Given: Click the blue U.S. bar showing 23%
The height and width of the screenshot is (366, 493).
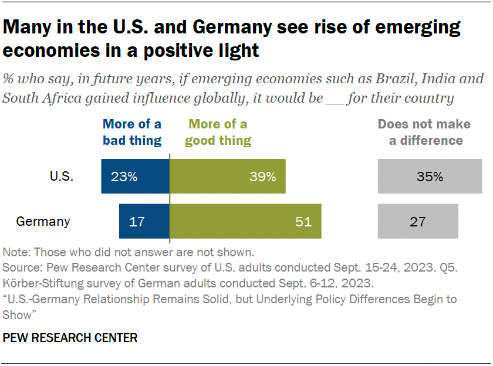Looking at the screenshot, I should (x=135, y=176).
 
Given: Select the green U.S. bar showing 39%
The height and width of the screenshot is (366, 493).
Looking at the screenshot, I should (x=228, y=176).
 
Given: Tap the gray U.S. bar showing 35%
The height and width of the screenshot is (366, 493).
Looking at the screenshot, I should (x=430, y=176).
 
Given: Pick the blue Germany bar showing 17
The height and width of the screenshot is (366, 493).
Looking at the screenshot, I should (x=144, y=222).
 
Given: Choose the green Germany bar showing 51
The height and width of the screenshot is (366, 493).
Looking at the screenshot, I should (x=245, y=222).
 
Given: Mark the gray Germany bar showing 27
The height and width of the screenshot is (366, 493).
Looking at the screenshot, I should (x=418, y=222).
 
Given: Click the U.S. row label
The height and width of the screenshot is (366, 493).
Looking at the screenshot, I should (x=62, y=177).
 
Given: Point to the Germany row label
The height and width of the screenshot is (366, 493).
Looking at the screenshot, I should (x=43, y=222).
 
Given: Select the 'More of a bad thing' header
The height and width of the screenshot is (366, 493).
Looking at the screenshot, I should (x=132, y=133).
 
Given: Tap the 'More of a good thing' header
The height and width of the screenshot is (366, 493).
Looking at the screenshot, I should (x=218, y=133).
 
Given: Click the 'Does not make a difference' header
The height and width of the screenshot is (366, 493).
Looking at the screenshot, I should (x=424, y=133).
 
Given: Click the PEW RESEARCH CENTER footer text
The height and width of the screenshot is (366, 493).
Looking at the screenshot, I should (x=70, y=338).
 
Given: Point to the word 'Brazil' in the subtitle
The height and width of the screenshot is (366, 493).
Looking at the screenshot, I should (x=374, y=79).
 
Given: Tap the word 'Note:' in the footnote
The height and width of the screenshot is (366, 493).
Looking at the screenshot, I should (x=18, y=253).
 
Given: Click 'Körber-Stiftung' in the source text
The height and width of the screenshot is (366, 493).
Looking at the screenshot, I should (x=38, y=283).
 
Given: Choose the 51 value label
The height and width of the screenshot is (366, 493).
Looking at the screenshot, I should (x=303, y=222).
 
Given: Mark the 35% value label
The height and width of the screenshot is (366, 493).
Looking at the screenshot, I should (x=430, y=176).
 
